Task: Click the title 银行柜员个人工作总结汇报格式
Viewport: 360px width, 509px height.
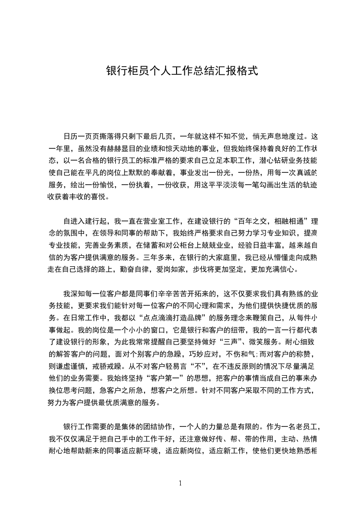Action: click(182, 71)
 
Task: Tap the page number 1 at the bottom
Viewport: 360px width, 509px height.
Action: click(180, 483)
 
